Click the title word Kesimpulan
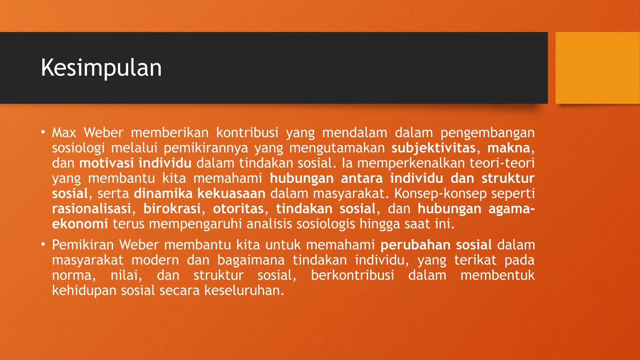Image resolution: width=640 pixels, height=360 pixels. [x=101, y=68]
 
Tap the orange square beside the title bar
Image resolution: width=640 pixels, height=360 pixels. [x=597, y=68]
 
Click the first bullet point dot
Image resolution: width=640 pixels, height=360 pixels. [x=43, y=132]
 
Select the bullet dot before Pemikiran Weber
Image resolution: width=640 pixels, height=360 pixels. [x=43, y=244]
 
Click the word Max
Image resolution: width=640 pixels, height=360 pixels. [x=64, y=132]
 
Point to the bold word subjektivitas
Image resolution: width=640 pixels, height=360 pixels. [x=433, y=148]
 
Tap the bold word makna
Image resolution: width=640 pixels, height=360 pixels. [x=508, y=148]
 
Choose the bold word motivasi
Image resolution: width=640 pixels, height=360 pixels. [x=106, y=163]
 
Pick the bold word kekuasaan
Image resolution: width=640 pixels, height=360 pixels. [x=231, y=193]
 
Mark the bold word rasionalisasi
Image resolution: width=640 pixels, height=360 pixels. [x=91, y=209]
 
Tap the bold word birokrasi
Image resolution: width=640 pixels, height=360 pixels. [x=172, y=209]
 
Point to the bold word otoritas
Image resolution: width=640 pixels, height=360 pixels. [x=238, y=209]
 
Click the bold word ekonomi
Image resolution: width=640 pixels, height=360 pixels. [x=80, y=224]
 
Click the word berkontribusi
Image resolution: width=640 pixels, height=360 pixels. [x=352, y=275]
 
